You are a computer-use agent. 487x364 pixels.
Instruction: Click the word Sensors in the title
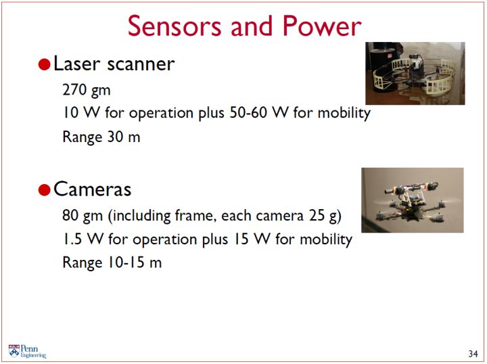[x=175, y=26]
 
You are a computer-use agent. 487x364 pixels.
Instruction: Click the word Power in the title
[x=322, y=26]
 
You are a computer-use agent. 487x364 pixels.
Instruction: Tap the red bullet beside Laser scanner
[x=45, y=64]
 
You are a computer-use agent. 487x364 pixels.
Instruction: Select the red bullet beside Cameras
[x=45, y=189]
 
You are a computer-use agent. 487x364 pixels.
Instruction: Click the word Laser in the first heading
[x=77, y=64]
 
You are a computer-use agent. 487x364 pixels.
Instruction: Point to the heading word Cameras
[x=92, y=189]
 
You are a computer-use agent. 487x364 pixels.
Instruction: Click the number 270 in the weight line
[x=74, y=90]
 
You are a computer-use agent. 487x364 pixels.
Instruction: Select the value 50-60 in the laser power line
[x=248, y=112]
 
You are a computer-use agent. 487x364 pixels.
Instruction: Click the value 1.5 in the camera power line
[x=72, y=239]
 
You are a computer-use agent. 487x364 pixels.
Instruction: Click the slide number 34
[x=473, y=353]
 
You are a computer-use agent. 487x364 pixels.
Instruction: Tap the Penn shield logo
[x=14, y=351]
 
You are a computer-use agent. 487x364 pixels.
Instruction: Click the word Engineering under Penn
[x=33, y=355]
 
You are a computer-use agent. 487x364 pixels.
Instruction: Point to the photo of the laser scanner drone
[x=415, y=73]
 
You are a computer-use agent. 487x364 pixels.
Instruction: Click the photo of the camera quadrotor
[x=413, y=200]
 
